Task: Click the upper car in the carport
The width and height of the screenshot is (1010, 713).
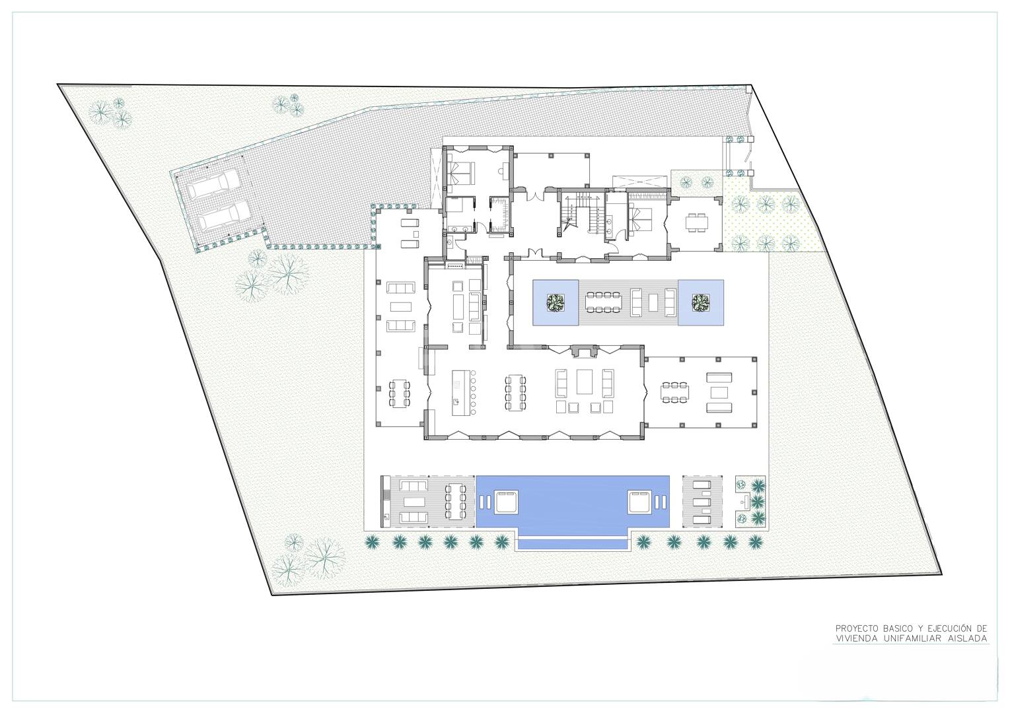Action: point(213,186)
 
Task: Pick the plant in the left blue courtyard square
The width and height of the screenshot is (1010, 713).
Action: point(555,302)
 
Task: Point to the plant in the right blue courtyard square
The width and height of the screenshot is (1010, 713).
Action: point(701,302)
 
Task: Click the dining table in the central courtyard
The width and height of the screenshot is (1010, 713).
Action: point(603,302)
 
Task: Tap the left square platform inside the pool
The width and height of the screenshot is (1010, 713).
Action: point(506,502)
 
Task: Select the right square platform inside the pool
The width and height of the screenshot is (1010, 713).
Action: point(639,502)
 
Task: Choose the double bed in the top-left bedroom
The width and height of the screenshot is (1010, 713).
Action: point(460,172)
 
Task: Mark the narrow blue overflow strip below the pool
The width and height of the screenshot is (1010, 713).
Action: point(573,545)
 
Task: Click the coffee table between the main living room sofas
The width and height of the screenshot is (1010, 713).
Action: point(585,382)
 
